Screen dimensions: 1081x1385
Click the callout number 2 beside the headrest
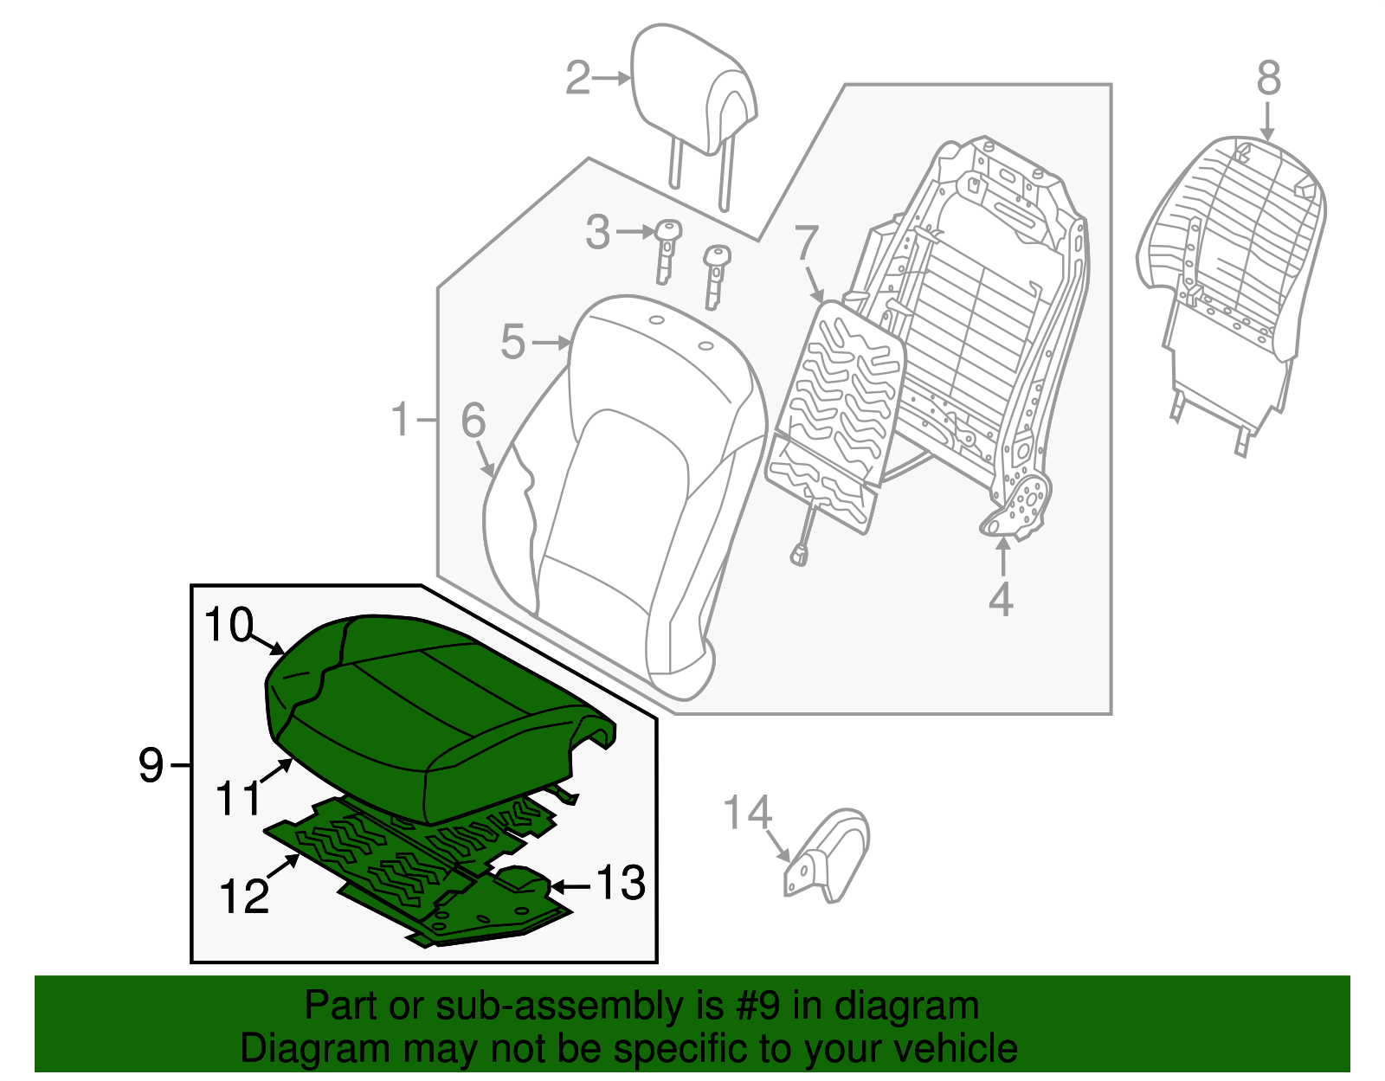click(577, 79)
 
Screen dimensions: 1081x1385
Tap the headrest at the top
click(692, 95)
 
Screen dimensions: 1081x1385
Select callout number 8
click(1267, 78)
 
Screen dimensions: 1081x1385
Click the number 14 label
click(747, 814)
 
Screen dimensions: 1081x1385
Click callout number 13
click(621, 884)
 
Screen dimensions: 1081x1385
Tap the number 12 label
click(244, 897)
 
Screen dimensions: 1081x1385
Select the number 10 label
click(229, 625)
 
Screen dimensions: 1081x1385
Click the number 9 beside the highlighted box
click(151, 766)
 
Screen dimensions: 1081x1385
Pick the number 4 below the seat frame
click(1001, 599)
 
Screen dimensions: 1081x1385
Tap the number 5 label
click(513, 342)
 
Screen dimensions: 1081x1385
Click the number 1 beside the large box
click(399, 420)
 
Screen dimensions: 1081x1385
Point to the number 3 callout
click(597, 233)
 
